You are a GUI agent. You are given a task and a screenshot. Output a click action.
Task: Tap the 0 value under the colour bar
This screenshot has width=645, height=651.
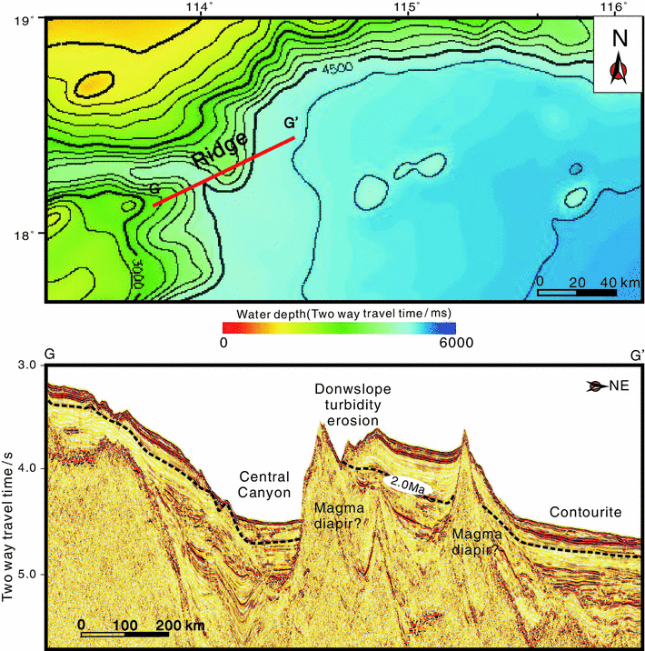point(223,342)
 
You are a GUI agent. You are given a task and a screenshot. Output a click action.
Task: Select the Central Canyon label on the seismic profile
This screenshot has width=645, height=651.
point(264,485)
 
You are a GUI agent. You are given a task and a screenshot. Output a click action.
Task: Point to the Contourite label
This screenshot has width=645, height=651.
point(586,513)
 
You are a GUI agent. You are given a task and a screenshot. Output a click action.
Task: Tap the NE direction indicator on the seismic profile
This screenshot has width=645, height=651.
point(610,386)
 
